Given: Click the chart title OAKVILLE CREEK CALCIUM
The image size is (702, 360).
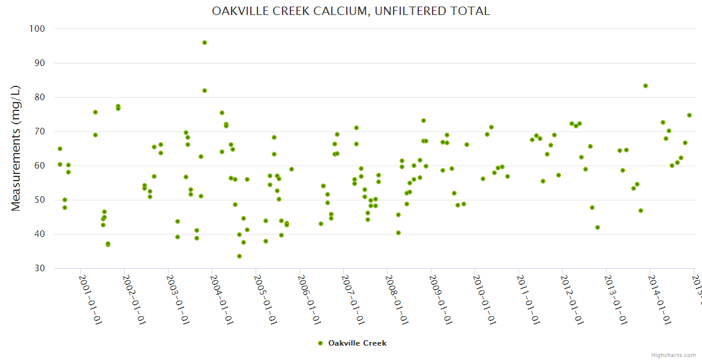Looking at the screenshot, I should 351,11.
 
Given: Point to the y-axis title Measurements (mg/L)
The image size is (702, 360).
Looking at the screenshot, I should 16,148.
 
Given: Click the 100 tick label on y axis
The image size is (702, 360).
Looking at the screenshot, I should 37,29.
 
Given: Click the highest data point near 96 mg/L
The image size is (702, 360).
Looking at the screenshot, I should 205,43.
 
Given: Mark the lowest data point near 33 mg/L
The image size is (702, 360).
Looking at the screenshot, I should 239,256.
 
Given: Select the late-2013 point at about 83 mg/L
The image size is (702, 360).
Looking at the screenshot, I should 646,86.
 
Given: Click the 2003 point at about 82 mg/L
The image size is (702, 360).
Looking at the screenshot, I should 205,91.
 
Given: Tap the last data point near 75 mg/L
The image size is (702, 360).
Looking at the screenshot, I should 689,115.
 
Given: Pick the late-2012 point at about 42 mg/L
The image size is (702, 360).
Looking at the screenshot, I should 598,227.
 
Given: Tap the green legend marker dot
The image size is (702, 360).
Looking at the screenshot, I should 320,343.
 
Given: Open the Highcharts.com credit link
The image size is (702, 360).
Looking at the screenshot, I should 674,355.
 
